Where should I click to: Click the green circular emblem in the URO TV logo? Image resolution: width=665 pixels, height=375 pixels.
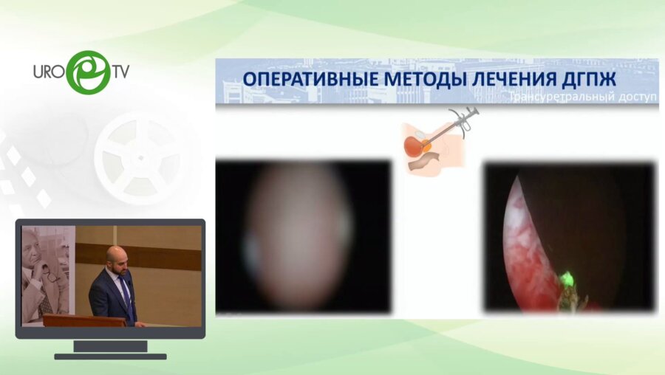tap(88, 72)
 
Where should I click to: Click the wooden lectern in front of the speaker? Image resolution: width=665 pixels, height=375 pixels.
tap(81, 320)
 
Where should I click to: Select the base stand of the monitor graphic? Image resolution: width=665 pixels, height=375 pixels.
tap(110, 351)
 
